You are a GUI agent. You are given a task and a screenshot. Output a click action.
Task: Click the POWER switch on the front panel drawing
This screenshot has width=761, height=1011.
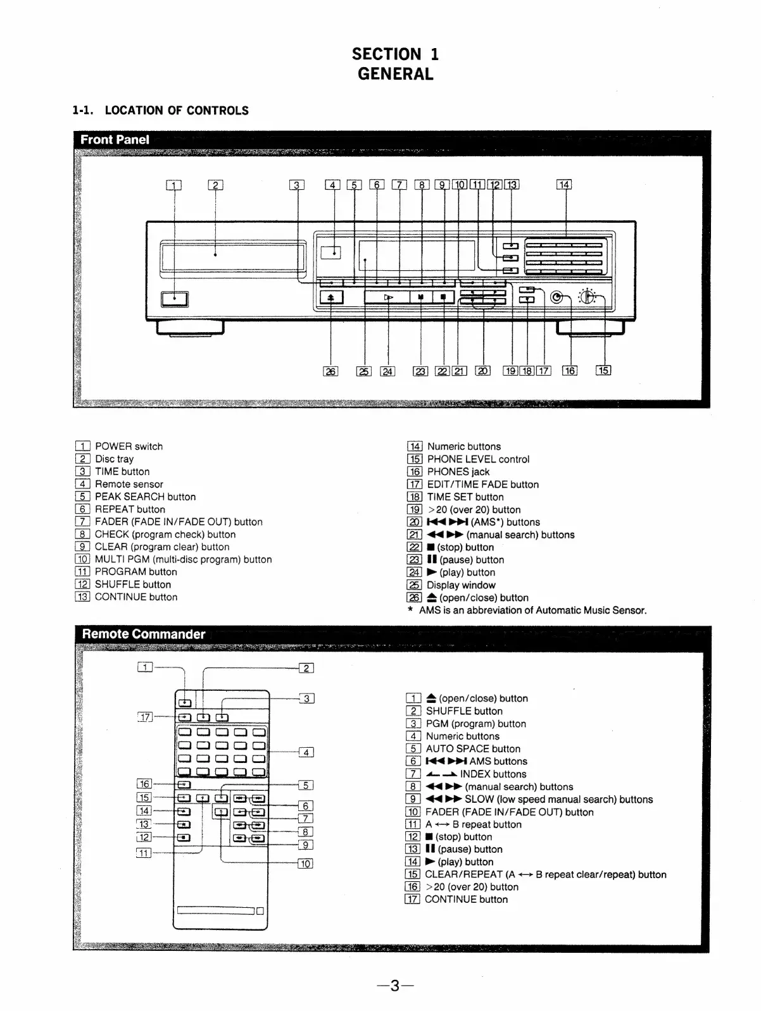coord(174,299)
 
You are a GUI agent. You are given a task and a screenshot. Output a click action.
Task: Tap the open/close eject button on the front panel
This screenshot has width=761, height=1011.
coord(331,297)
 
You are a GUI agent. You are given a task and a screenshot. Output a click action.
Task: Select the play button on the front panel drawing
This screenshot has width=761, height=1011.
coord(388,297)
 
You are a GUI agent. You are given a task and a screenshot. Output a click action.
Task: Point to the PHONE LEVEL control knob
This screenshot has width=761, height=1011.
coord(587,296)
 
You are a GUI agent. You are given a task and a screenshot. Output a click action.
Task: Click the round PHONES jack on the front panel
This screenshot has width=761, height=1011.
coord(557,297)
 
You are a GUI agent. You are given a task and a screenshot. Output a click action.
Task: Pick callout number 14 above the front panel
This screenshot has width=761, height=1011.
coord(563,185)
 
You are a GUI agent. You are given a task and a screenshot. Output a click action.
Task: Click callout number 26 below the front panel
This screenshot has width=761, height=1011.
coord(330,371)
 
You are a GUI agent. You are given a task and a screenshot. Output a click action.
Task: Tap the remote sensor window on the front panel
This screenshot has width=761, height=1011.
coord(330,252)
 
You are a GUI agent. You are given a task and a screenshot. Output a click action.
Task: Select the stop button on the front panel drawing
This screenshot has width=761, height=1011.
coord(443,297)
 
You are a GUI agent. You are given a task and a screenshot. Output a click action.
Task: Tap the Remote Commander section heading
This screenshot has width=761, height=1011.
coord(144,634)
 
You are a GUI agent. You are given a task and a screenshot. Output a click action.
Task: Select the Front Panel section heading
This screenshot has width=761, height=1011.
coord(115,139)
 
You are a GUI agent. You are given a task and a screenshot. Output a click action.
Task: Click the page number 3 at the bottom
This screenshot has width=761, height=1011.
coord(394,986)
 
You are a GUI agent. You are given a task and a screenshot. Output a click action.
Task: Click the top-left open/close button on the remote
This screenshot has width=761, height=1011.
coord(184,702)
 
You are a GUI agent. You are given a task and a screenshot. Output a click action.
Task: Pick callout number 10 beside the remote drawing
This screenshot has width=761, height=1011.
coord(305,864)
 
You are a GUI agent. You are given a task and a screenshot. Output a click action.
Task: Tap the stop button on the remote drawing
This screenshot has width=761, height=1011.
coord(183,838)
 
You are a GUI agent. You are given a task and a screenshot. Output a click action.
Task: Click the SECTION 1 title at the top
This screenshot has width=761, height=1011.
coord(395,54)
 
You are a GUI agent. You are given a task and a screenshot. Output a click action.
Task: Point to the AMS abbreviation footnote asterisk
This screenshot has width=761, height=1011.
coord(410,611)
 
